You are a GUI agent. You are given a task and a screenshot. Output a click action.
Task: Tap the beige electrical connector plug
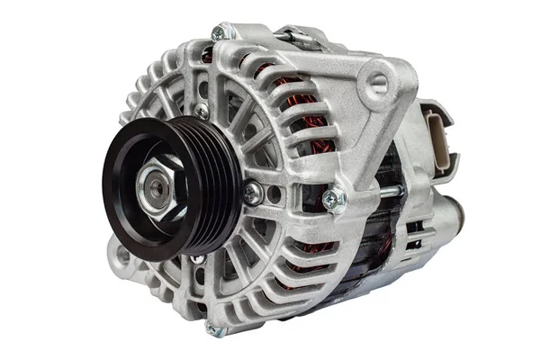(439, 135)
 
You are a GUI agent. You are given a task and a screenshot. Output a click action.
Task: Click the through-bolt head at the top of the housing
(219, 33)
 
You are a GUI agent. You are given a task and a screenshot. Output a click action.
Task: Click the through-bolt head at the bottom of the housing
(213, 329)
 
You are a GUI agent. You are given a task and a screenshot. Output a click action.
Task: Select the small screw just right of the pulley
(254, 192)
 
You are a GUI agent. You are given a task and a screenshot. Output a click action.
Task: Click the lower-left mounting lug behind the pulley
(121, 256)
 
